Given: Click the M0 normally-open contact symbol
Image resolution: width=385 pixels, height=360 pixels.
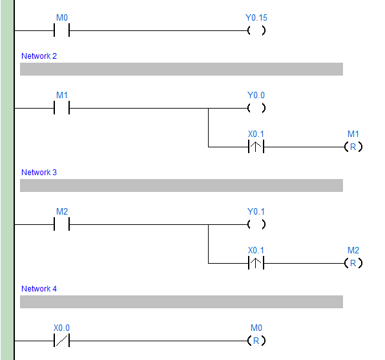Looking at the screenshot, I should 62,30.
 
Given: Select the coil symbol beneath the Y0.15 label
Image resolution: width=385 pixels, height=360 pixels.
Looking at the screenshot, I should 256,30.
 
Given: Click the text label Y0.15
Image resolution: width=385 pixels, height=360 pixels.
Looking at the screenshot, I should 256,17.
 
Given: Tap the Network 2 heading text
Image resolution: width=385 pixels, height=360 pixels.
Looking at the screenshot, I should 39,56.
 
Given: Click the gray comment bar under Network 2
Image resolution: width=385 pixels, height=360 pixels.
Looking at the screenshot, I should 181,69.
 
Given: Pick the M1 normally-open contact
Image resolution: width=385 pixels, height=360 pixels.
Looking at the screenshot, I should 62,108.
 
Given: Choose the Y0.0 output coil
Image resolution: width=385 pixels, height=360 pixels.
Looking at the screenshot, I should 256,108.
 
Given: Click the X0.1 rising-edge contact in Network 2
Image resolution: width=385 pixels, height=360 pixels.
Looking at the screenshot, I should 256,147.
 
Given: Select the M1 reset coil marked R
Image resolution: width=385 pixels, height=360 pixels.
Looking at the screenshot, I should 353,147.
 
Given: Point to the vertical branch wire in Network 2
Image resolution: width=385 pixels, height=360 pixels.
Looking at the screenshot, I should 208,127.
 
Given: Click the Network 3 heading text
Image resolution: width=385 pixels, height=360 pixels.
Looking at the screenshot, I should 39,173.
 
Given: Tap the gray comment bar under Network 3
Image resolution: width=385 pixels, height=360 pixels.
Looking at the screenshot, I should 181,185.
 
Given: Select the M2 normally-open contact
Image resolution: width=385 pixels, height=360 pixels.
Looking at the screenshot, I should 62,224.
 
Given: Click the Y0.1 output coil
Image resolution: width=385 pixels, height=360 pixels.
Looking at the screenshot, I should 256,224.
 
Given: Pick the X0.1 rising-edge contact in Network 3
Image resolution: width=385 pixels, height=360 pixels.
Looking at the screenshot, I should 256,263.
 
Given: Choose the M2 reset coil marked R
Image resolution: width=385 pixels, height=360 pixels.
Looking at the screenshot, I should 353,263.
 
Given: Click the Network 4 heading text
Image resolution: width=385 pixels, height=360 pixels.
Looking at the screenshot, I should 39,289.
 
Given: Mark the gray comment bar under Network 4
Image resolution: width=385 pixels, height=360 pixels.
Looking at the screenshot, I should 181,302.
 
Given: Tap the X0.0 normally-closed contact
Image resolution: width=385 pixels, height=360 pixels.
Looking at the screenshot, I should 62,341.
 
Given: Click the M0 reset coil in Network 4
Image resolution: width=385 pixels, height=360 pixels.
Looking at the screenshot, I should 256,341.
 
